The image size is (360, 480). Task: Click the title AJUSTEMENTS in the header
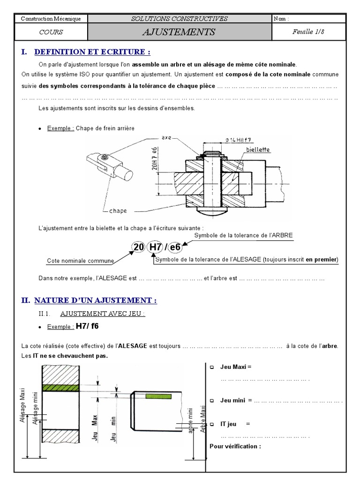coord(180,32)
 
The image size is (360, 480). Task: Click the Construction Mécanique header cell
coord(51,19)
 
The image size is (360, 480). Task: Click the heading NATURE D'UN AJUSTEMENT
coord(95,300)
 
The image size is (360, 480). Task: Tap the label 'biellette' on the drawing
coord(257,150)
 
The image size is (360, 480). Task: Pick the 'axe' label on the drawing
coord(166,138)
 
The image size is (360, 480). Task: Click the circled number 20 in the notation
coord(138,247)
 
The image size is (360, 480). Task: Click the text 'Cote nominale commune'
coord(80,261)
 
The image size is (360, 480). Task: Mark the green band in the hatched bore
coord(57,388)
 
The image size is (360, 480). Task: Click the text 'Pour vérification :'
coord(235,446)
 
